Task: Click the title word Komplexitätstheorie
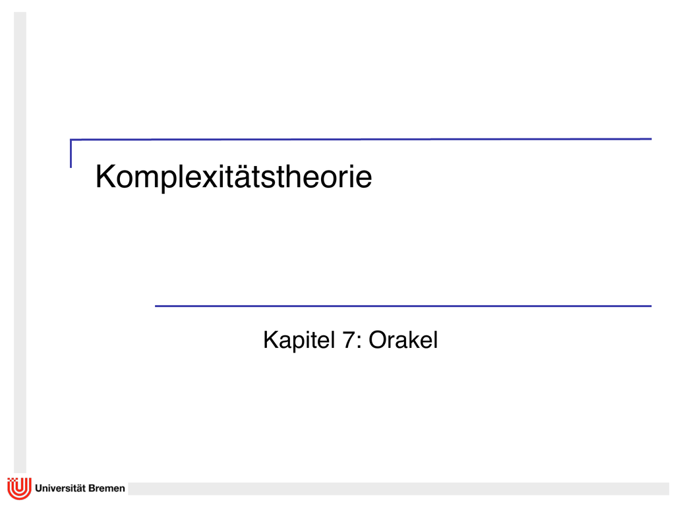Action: tap(233, 177)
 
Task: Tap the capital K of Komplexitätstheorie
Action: tap(105, 176)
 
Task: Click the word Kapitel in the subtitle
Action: tap(299, 341)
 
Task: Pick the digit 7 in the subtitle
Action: tap(348, 340)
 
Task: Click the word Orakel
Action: tap(403, 340)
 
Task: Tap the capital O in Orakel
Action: tap(378, 340)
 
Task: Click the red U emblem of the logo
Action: tap(19, 488)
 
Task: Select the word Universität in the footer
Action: tap(60, 488)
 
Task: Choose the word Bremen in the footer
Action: tap(107, 488)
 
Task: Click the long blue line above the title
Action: tap(361, 140)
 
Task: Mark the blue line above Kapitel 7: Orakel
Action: tap(403, 306)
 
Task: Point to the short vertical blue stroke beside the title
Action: tap(71, 154)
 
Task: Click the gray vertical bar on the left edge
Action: tap(20, 242)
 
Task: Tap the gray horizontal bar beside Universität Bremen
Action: tap(399, 488)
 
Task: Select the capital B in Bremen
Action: tap(92, 488)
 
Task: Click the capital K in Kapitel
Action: tap(270, 340)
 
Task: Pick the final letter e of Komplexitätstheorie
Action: tap(364, 179)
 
